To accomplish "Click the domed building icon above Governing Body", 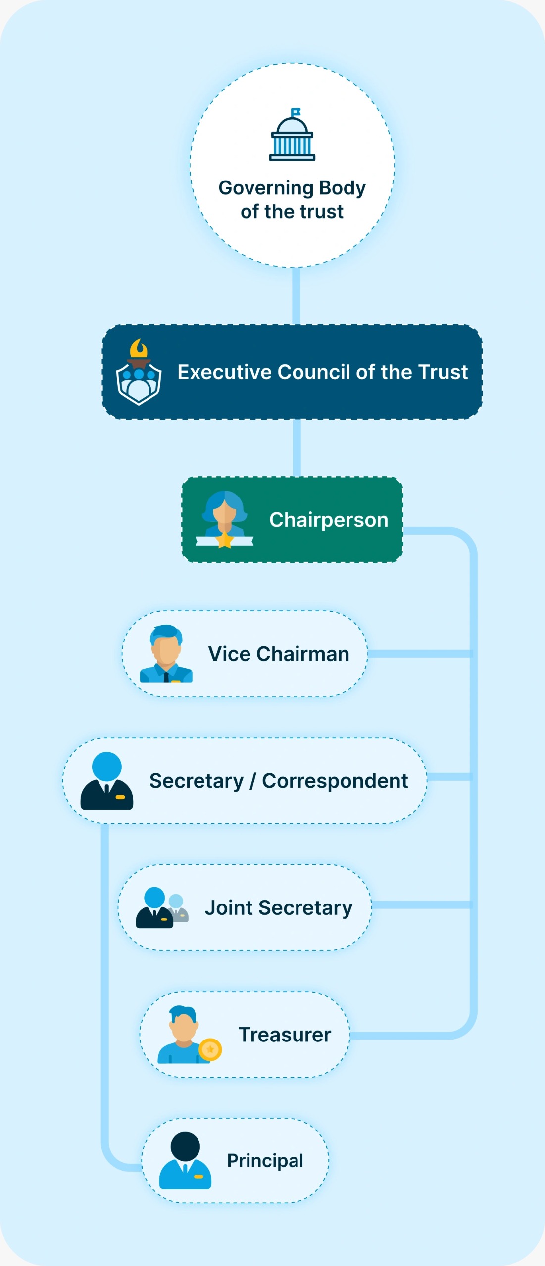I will click(292, 136).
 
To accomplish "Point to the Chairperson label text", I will click(329, 520).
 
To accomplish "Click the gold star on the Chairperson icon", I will click(225, 540).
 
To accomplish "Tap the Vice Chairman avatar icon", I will click(166, 654).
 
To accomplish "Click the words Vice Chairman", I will click(279, 654).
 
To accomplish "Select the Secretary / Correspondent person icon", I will click(106, 781).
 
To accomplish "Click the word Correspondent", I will click(335, 781).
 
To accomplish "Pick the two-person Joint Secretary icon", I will click(162, 907).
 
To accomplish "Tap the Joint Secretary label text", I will click(279, 908).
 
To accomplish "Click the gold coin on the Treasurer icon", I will click(210, 1049).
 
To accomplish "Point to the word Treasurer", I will click(285, 1035).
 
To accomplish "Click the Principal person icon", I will click(185, 1160).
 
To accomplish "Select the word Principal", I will click(265, 1161).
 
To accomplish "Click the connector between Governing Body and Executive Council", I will click(296, 296).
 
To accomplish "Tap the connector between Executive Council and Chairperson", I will click(297, 448).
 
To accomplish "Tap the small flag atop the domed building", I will click(296, 112).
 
